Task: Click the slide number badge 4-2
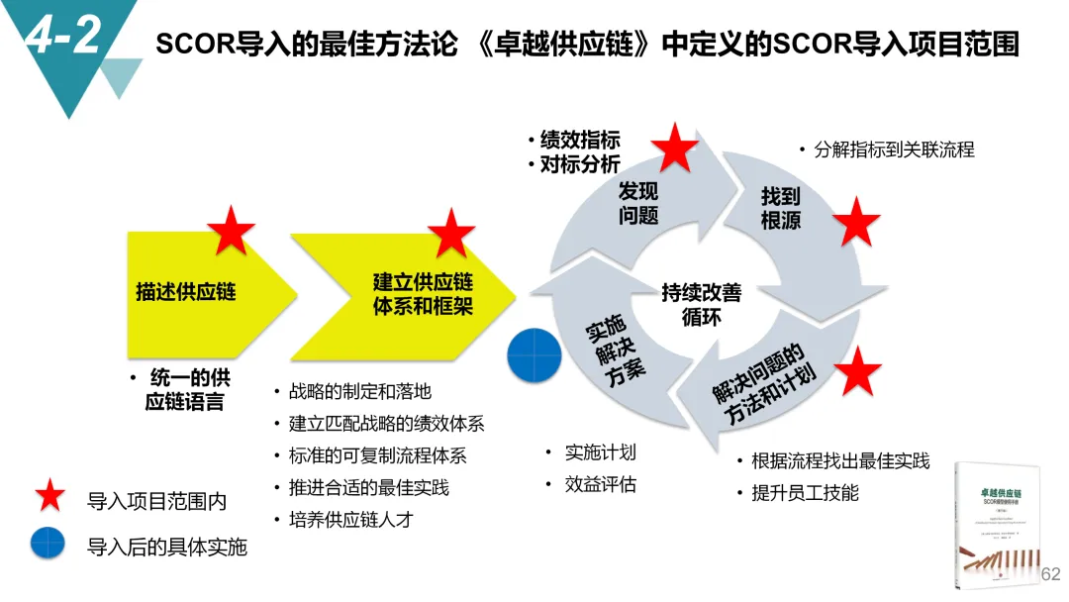(61, 37)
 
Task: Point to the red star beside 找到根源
(856, 223)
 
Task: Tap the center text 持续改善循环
(701, 305)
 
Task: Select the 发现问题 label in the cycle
(638, 203)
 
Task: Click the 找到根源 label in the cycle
(780, 209)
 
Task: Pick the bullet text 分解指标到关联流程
(893, 150)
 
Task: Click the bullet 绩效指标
(580, 140)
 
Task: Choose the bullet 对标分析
(580, 164)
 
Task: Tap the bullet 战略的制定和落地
(359, 392)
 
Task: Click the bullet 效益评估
(600, 484)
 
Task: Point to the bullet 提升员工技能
(805, 492)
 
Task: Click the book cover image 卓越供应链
(998, 525)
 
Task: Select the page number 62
(1050, 574)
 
